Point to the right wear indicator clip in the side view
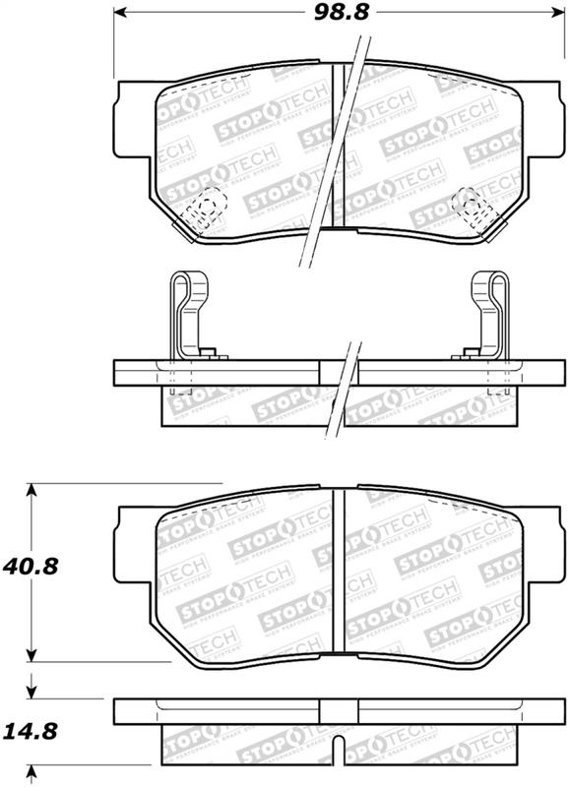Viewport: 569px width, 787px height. pyautogui.click(x=489, y=315)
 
